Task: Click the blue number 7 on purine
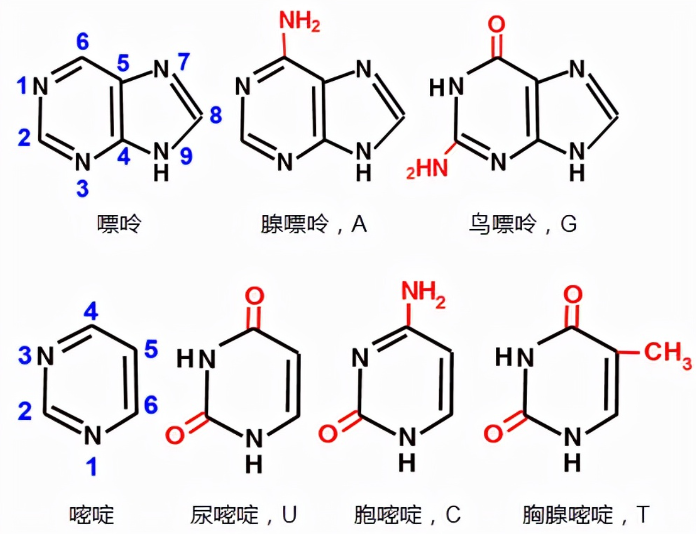click(183, 61)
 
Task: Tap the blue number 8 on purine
click(216, 115)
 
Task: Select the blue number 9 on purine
click(186, 157)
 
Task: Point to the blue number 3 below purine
click(82, 189)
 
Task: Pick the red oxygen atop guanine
click(496, 24)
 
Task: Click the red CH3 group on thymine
click(667, 352)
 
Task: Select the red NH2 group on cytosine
click(423, 294)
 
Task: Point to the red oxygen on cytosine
click(328, 433)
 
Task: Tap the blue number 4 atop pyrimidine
click(91, 312)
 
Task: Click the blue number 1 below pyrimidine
click(92, 467)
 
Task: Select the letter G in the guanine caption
click(568, 224)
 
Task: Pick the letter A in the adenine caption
click(359, 224)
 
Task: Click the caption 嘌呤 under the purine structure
click(119, 224)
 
